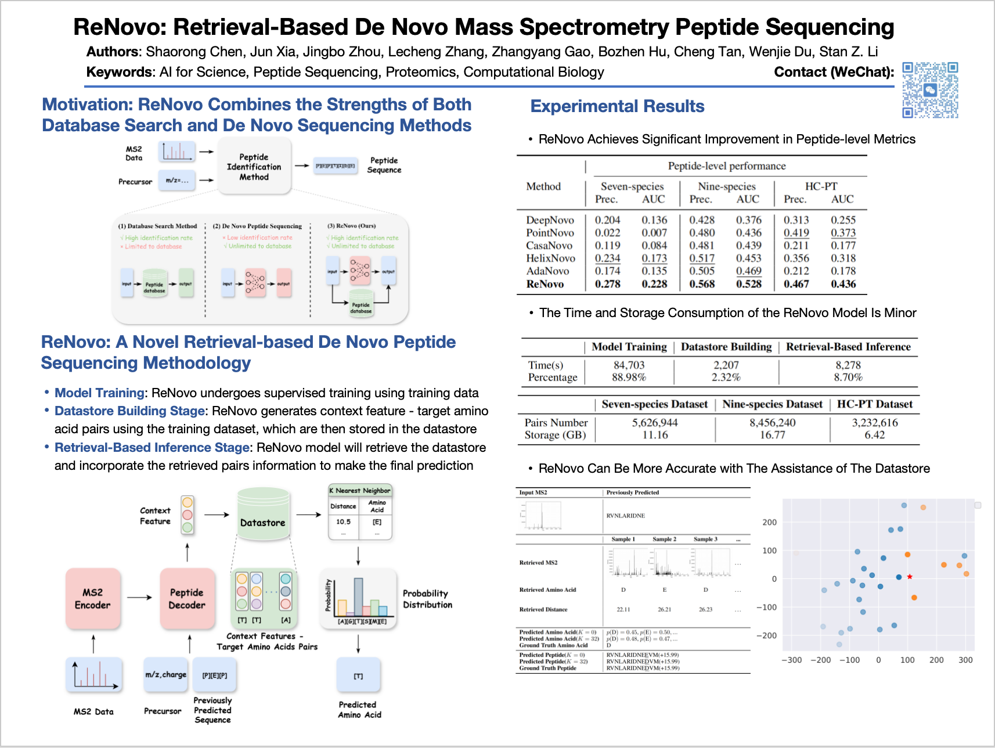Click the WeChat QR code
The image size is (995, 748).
click(x=930, y=90)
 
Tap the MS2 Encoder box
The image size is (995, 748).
click(x=93, y=599)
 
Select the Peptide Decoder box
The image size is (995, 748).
click(x=187, y=599)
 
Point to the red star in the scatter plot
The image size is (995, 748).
click(x=910, y=577)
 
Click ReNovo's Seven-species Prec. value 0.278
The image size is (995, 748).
click(x=607, y=284)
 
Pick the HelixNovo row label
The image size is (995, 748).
click(x=550, y=258)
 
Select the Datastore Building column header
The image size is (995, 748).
click(x=726, y=347)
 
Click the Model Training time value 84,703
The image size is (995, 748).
click(x=629, y=365)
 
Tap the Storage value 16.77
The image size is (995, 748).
click(x=772, y=435)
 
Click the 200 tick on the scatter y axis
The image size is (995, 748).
click(x=769, y=522)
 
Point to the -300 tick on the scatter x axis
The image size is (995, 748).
click(x=791, y=660)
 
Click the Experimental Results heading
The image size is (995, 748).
click(x=617, y=106)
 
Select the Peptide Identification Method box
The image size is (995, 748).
click(x=254, y=167)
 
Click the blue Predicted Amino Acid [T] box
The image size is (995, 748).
click(x=359, y=676)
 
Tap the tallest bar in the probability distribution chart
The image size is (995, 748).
click(x=359, y=596)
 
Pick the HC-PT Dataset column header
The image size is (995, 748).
click(x=874, y=404)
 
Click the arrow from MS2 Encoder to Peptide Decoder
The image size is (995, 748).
click(x=140, y=598)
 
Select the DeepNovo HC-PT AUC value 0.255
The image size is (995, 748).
click(x=843, y=220)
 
